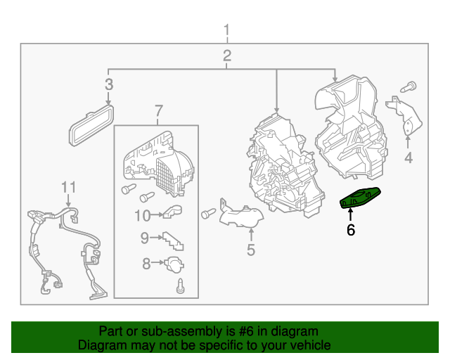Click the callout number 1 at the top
226,30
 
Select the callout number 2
227,56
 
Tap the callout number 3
109,84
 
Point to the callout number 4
409,158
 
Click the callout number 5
251,250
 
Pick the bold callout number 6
351,230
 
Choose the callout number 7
159,111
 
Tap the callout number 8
146,264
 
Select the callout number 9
145,238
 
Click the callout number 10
142,216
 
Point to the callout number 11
69,187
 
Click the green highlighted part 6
360,198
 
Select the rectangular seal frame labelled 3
91,125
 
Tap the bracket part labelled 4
404,115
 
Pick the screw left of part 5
208,213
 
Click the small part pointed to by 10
172,212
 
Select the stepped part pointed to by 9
174,241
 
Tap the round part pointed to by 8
174,264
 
